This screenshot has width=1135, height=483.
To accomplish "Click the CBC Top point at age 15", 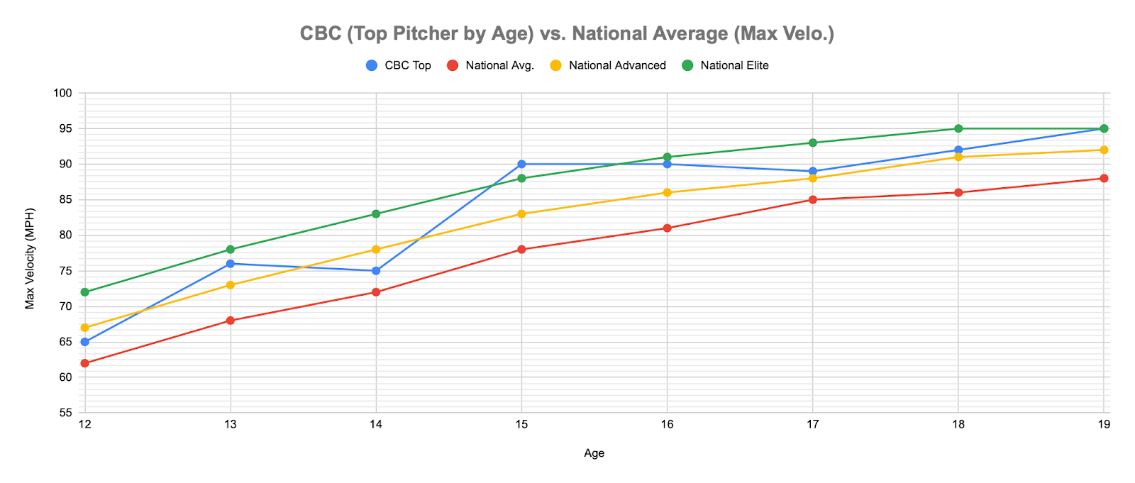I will coord(521,164).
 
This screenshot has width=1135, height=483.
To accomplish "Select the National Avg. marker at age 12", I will coord(85,363).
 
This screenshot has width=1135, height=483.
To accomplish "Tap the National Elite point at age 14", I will coord(376,213).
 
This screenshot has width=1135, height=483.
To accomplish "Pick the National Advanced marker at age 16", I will coord(667,192).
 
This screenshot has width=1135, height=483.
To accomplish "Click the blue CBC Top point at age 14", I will coord(376,270).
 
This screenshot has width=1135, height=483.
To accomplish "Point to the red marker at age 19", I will coord(1104,178).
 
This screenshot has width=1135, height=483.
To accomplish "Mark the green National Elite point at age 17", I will coord(813,143).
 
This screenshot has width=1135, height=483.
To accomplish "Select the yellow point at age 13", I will coord(231,284).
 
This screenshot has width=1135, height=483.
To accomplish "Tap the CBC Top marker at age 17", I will coord(813,171).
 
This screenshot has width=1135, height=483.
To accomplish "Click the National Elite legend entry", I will coord(734,65).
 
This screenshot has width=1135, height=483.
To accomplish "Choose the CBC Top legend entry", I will coord(407,65).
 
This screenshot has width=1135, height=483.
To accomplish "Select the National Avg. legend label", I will coord(499,65).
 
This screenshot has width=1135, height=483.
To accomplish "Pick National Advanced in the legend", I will coord(617,65).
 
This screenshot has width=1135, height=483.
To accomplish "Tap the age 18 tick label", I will coord(958,424).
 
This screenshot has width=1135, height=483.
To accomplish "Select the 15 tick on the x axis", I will coord(521,424).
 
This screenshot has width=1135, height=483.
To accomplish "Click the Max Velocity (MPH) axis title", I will coord(30,253).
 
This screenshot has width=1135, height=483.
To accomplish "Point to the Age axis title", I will coord(594,453).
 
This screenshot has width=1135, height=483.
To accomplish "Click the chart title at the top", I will coord(567,33).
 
